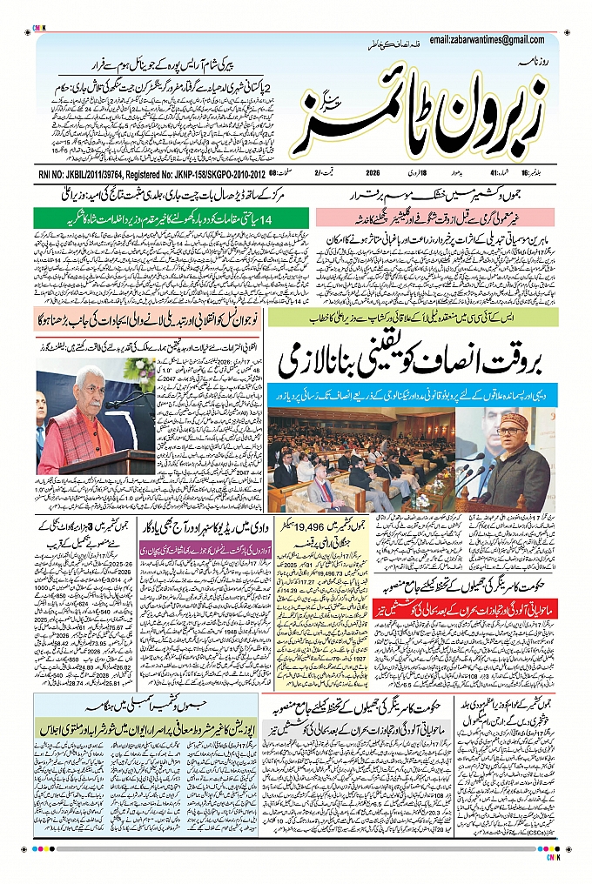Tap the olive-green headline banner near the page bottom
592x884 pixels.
tap(145, 724)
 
